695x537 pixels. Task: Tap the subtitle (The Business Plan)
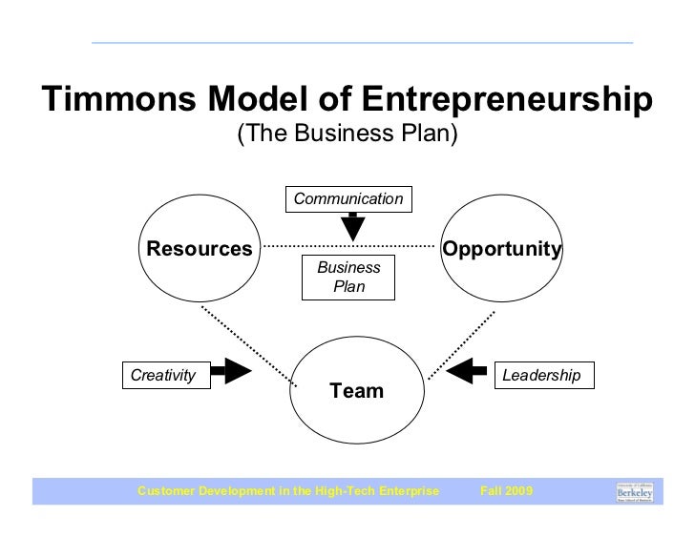[347, 134]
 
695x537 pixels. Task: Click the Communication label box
[348, 198]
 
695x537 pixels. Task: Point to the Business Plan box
[348, 277]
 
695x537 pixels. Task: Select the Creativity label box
[162, 376]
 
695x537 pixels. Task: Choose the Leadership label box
[541, 376]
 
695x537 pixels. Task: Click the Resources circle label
[199, 249]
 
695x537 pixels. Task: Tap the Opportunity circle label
[501, 249]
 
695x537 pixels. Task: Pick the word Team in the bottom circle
[356, 390]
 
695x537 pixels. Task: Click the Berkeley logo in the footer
[634, 491]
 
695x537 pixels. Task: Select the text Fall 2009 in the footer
[508, 491]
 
